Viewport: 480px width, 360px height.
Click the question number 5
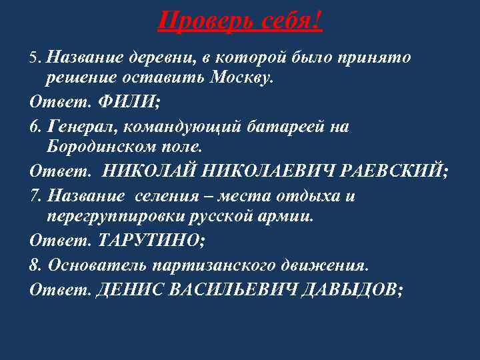click(36, 58)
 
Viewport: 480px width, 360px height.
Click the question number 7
click(36, 197)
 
